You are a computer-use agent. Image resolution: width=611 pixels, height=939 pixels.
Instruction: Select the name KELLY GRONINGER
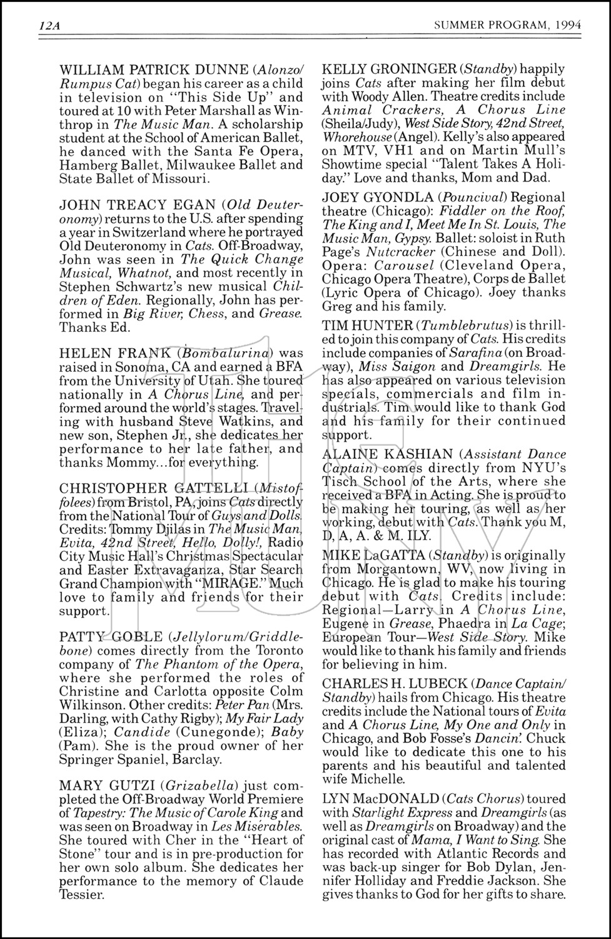(x=379, y=69)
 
